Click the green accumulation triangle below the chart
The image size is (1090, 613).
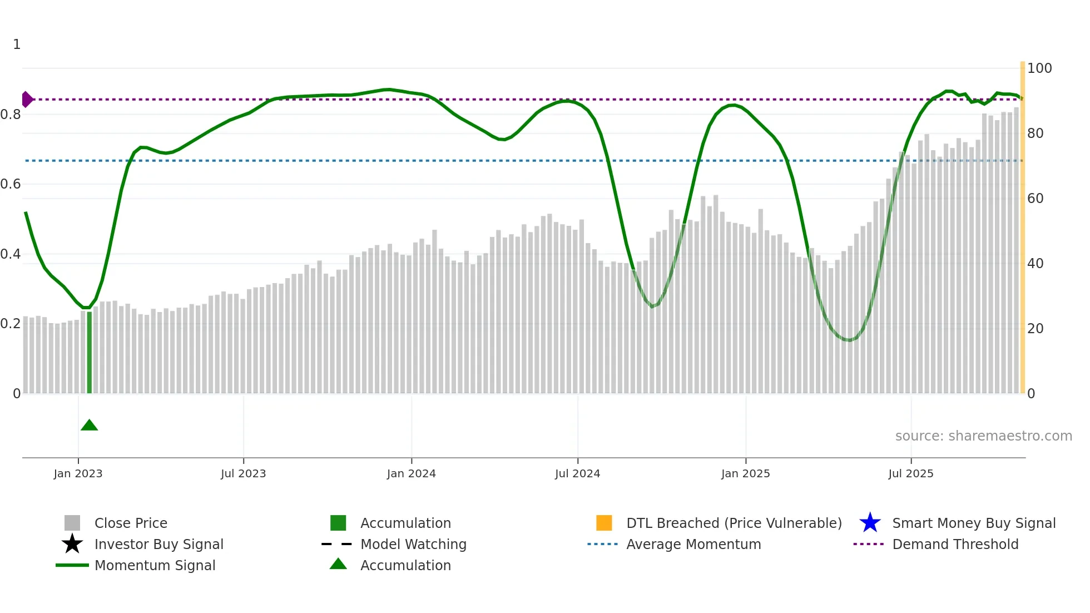pyautogui.click(x=89, y=426)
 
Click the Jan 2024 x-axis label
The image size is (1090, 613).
pyautogui.click(x=411, y=473)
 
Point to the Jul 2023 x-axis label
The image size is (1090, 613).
pyautogui.click(x=243, y=473)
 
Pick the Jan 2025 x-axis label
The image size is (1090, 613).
pyautogui.click(x=745, y=473)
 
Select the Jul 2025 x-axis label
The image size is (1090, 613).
pyautogui.click(x=910, y=473)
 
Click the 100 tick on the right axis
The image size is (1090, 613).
pyautogui.click(x=1039, y=68)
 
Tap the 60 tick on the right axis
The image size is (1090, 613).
pyautogui.click(x=1035, y=199)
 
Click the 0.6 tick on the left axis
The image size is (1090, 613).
pyautogui.click(x=11, y=184)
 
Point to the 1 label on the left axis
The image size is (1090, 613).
pyautogui.click(x=17, y=45)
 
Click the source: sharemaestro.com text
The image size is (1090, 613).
pyautogui.click(x=983, y=436)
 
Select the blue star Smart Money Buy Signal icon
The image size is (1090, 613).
pyautogui.click(x=870, y=523)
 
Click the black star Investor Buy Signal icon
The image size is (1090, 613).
pyautogui.click(x=72, y=544)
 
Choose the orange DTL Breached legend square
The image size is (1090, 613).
pyautogui.click(x=604, y=523)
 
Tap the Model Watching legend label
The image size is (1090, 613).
pyautogui.click(x=413, y=544)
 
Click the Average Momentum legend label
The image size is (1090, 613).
pyautogui.click(x=693, y=544)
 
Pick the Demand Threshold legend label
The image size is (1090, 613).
pyautogui.click(x=955, y=544)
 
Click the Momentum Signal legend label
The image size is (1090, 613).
pyautogui.click(x=155, y=565)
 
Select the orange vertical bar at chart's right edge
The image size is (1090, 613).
pyautogui.click(x=1022, y=223)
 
